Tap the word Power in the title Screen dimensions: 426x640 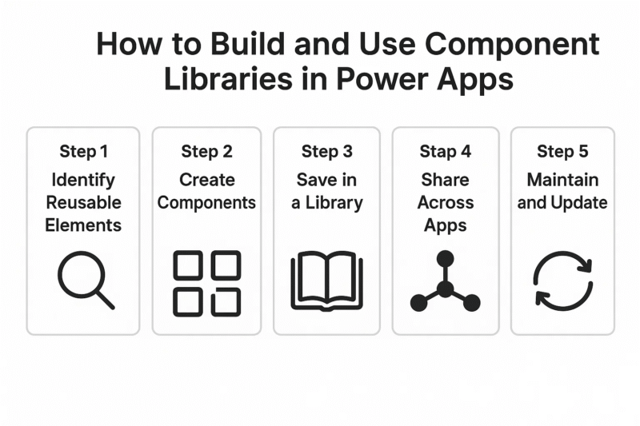[x=376, y=80]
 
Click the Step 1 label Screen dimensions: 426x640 [x=82, y=152]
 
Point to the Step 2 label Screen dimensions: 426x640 [x=206, y=152]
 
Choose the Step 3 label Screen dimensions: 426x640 [x=326, y=152]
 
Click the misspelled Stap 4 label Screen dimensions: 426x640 [x=446, y=152]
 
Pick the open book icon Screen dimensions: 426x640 [x=326, y=281]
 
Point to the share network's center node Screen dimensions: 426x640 [x=446, y=289]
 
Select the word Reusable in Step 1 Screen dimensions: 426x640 [x=83, y=202]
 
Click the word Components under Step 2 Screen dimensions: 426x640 [x=206, y=202]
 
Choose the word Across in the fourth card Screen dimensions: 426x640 [x=446, y=202]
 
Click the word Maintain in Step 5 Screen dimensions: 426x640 [x=562, y=179]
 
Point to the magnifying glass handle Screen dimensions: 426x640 [x=105, y=300]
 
